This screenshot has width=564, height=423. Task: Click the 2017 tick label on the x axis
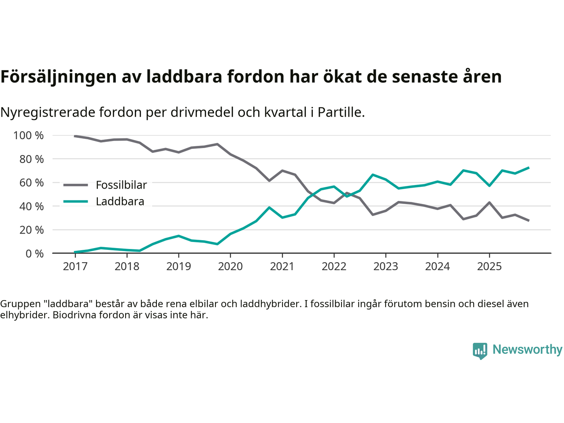tap(75, 267)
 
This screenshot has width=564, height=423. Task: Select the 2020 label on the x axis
tap(230, 267)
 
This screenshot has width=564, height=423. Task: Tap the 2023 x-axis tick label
tap(386, 267)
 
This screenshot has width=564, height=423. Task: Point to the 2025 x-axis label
tap(489, 267)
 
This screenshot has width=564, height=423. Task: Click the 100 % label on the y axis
tap(29, 136)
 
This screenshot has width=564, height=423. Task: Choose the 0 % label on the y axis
tap(34, 254)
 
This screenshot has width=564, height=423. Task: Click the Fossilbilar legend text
tap(121, 185)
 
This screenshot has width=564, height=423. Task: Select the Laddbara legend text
tap(120, 202)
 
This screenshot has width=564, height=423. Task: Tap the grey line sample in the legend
tap(76, 185)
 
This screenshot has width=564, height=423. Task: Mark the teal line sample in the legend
tap(76, 202)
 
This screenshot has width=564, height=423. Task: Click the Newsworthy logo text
tap(527, 349)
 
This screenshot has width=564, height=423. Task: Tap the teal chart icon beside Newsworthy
tap(480, 351)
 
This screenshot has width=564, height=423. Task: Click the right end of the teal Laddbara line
tap(528, 168)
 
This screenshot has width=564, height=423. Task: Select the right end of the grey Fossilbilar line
tap(528, 220)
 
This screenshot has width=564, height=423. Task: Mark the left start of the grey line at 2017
tap(75, 136)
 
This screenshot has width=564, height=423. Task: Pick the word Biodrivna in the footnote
tap(72, 315)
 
